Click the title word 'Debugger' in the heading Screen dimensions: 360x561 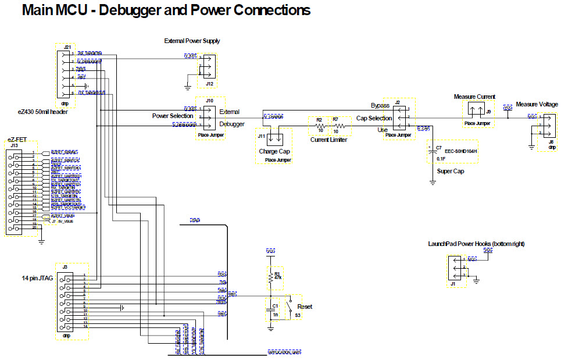[x=138, y=10]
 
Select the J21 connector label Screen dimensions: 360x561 [x=67, y=47]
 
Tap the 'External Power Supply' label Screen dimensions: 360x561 [x=192, y=41]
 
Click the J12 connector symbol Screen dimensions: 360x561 [x=207, y=66]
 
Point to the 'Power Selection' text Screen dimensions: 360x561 [x=173, y=116]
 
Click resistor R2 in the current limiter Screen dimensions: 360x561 [x=319, y=126]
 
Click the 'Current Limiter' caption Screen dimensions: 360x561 [x=330, y=140]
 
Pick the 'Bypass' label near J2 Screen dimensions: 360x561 [x=380, y=106]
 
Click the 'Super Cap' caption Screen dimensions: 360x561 [x=449, y=171]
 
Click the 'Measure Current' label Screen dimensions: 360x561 [x=474, y=97]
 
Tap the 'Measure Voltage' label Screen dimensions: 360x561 [x=537, y=104]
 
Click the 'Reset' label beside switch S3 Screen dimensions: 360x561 [x=305, y=306]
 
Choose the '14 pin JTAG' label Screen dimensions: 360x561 [x=37, y=279]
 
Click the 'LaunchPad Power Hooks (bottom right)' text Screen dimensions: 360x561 [x=476, y=244]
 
